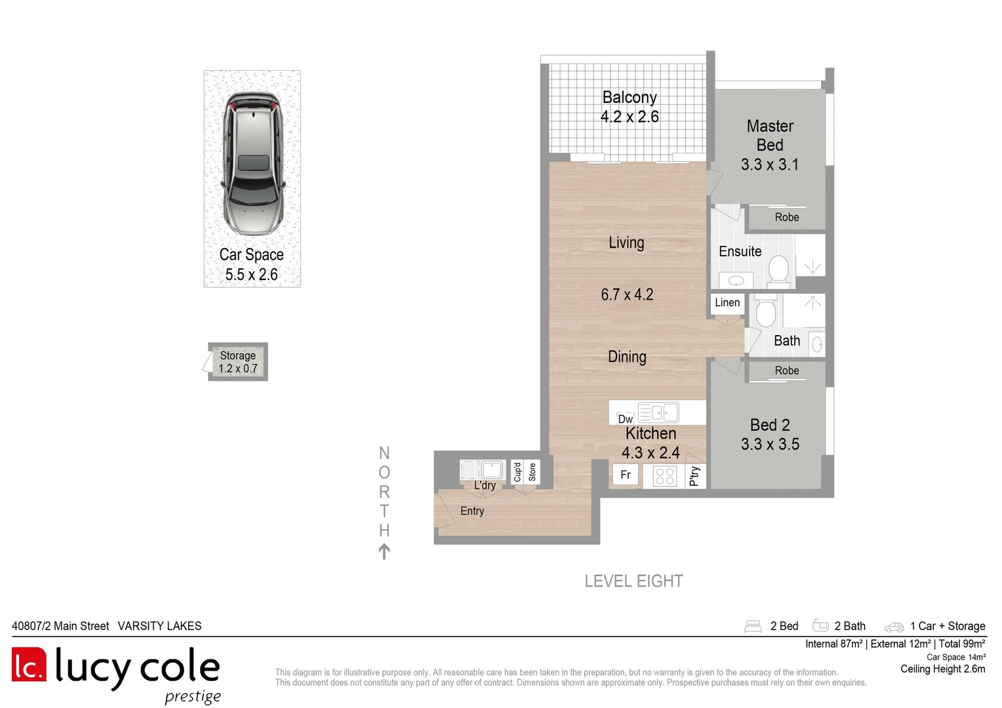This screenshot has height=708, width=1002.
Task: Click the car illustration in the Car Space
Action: click(253, 164)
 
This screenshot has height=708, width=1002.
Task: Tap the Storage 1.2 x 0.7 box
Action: click(238, 362)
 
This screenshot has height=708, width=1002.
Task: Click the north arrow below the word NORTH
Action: click(384, 551)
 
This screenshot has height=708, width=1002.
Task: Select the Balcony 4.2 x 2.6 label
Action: click(630, 107)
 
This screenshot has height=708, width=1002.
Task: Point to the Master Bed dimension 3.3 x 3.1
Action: click(770, 165)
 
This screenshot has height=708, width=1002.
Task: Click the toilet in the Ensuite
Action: click(778, 271)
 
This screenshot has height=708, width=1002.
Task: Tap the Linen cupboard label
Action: click(727, 303)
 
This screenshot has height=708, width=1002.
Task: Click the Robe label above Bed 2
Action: click(787, 371)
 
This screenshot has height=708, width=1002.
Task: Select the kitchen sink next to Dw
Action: click(658, 412)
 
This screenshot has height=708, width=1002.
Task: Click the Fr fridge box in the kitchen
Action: click(626, 475)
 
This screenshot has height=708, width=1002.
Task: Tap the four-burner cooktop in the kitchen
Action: click(665, 476)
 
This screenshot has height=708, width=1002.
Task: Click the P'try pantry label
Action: click(695, 477)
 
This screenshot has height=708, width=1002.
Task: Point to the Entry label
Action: click(472, 511)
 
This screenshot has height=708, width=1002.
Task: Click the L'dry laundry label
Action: click(485, 486)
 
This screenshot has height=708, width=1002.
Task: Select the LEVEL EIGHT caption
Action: click(633, 581)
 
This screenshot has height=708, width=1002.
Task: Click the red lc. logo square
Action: click(29, 665)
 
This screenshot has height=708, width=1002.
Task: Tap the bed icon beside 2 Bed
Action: click(753, 627)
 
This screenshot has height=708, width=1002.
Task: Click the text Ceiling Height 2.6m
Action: click(942, 669)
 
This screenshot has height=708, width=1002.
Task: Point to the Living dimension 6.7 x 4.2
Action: click(627, 295)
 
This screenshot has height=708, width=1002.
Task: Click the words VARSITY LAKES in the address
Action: click(159, 626)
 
